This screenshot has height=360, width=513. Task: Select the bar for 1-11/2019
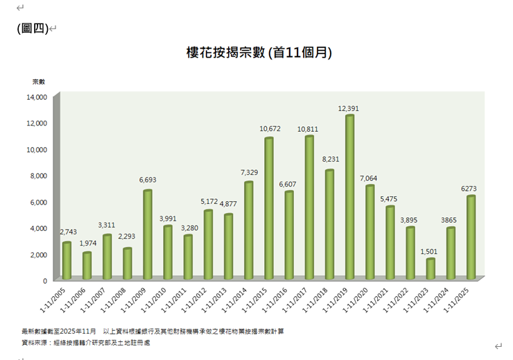pyautogui.click(x=349, y=198)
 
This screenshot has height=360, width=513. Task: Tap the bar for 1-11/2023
pyautogui.click(x=430, y=269)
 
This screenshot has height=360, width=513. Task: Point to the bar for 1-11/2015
pyautogui.click(x=268, y=209)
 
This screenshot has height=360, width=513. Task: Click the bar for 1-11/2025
pyautogui.click(x=471, y=238)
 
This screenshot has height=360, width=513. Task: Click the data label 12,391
pyautogui.click(x=349, y=108)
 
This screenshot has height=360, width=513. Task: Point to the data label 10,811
pyautogui.click(x=309, y=129)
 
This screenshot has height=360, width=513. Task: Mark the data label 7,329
pyautogui.click(x=248, y=172)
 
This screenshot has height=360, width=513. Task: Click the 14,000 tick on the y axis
pyautogui.click(x=36, y=97)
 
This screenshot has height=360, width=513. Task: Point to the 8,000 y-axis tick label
pyautogui.click(x=38, y=176)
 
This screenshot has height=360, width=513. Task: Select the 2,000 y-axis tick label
pyautogui.click(x=38, y=255)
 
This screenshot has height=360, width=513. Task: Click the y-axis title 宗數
pyautogui.click(x=38, y=82)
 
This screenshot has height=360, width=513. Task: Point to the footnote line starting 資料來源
pyautogui.click(x=86, y=343)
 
